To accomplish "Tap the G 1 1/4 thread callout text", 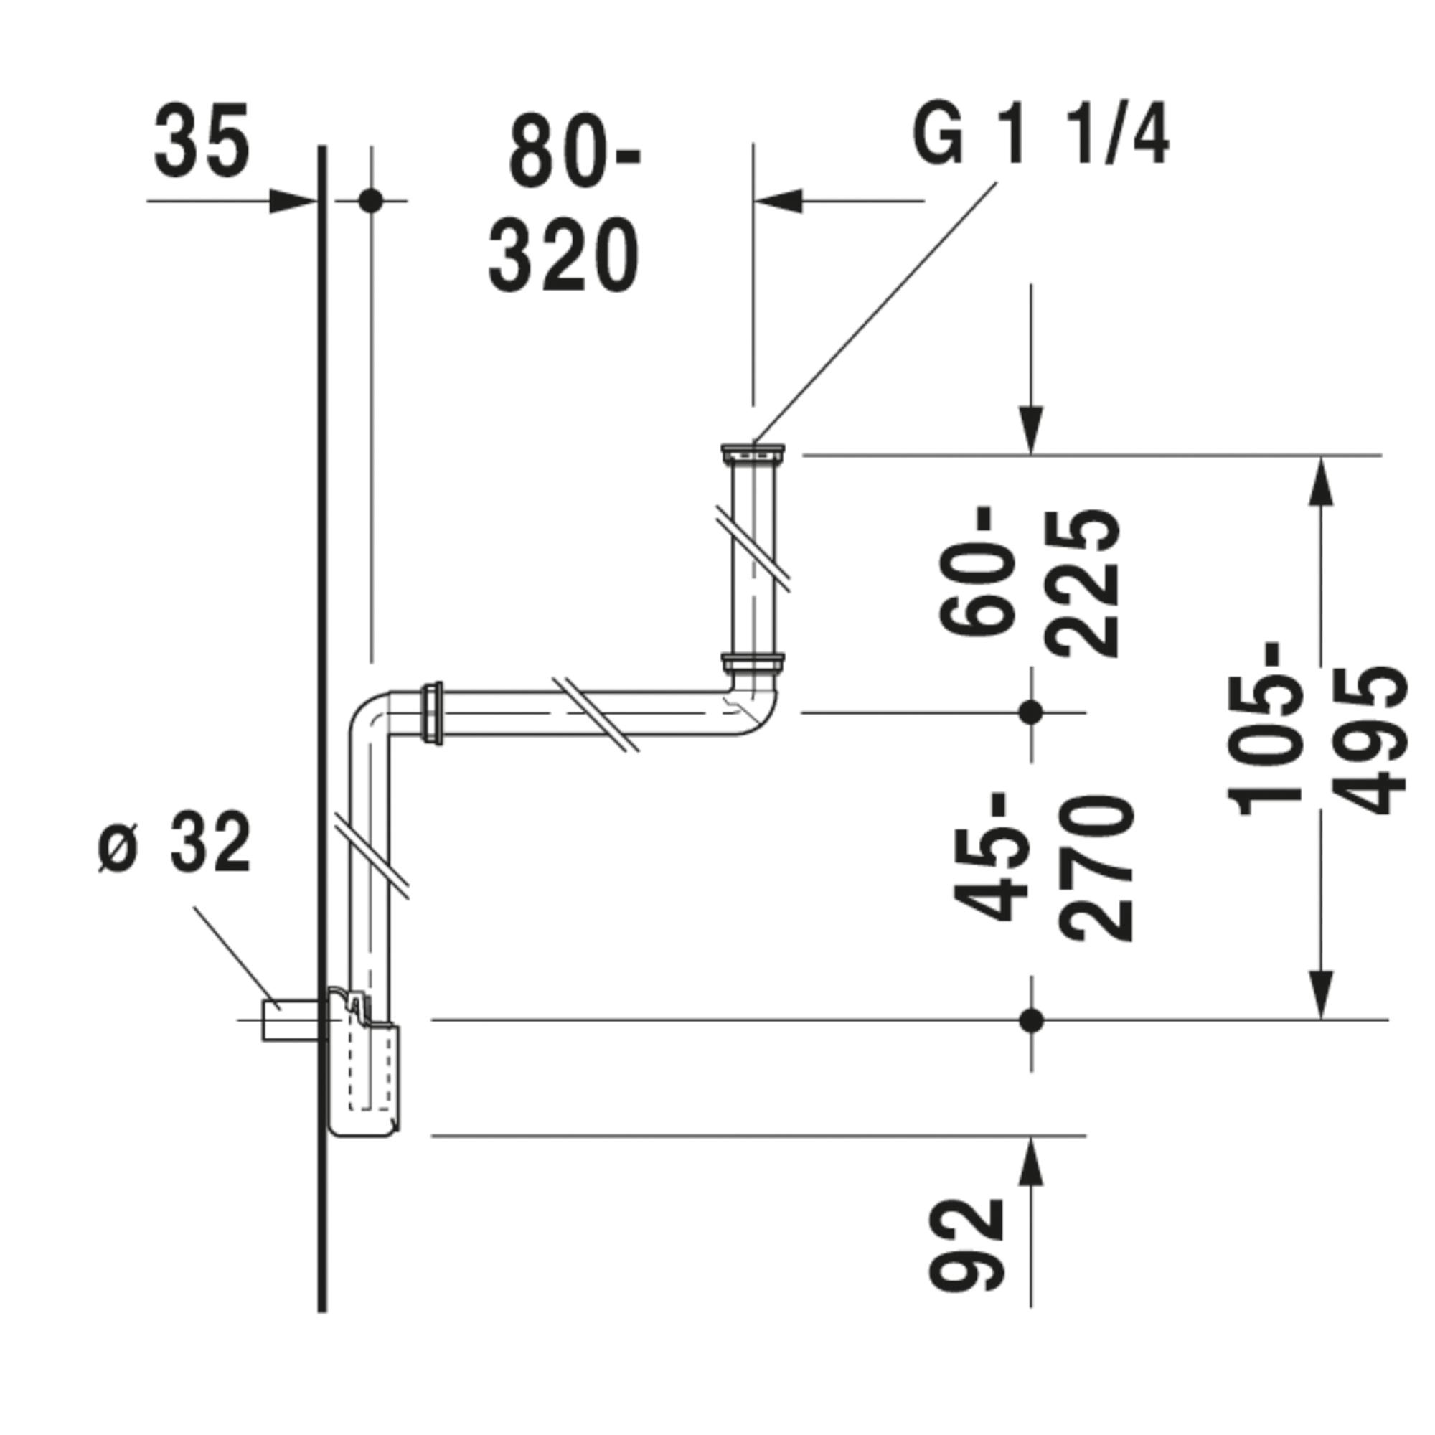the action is pos(1040,136).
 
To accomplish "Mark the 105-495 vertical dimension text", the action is pos(1316,727).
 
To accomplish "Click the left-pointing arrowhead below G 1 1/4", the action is pos(778,201).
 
